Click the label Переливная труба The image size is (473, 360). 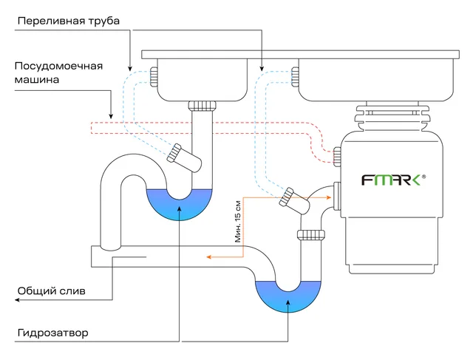coord(69,21)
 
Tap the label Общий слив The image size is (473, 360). coord(51,291)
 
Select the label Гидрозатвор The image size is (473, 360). coord(52,333)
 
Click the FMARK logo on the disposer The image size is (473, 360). coord(393,180)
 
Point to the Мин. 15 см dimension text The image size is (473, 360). coord(238,222)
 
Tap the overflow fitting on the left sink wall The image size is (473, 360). coord(154,77)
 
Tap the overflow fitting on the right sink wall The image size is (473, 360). coord(295,77)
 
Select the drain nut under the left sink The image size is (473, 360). coord(203,106)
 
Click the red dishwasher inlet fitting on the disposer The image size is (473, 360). coord(337,156)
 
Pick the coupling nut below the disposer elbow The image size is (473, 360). coord(311,235)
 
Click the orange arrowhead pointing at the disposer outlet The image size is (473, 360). coord(329,197)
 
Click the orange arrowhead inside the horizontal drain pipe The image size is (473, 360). coord(208,257)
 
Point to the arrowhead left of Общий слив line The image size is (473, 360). coord(17,300)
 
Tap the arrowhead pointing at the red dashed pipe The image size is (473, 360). coord(111,116)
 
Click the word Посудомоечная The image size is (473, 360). coord(58,66)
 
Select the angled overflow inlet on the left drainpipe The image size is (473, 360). coord(184,157)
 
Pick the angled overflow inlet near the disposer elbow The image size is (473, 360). coord(294,200)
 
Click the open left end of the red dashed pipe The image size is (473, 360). coord(91,128)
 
